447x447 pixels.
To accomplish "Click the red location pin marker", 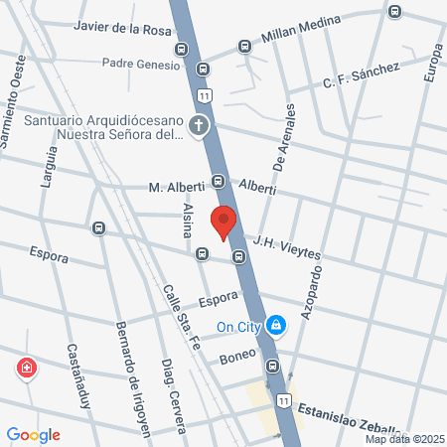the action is [223, 223].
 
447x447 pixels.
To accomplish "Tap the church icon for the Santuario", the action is [199, 125].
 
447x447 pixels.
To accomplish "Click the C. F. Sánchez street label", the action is [361, 75].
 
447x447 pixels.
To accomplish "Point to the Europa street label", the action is [430, 63].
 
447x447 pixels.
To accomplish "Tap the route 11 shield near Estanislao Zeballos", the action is [285, 400].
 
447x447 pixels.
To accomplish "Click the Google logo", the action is [33, 435].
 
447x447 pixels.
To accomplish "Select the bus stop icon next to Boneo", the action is [272, 366].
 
